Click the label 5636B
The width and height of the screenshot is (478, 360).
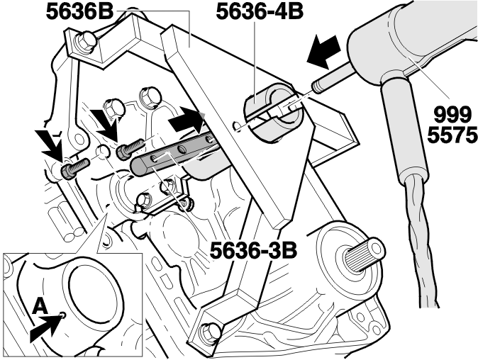80,11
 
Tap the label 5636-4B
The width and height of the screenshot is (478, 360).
260,11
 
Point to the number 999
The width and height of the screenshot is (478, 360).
452,116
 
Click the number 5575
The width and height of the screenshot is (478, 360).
452,135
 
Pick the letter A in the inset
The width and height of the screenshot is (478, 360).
40,305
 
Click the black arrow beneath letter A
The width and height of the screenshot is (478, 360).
45,327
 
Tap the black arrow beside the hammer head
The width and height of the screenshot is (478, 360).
323,51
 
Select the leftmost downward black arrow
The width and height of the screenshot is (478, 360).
50,144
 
